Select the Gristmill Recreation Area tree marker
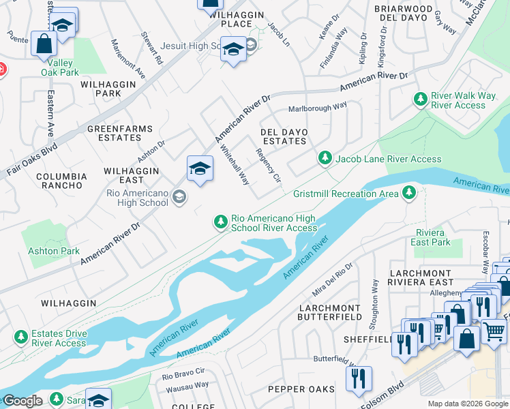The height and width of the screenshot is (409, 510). [x=409, y=194]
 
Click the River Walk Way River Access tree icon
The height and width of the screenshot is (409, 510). [x=421, y=100]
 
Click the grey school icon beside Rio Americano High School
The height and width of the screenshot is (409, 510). [x=179, y=198]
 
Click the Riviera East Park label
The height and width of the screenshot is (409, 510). [x=433, y=237]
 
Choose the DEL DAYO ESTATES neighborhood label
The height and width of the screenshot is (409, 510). [x=284, y=136]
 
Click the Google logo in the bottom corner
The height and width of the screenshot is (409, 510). [x=22, y=401]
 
